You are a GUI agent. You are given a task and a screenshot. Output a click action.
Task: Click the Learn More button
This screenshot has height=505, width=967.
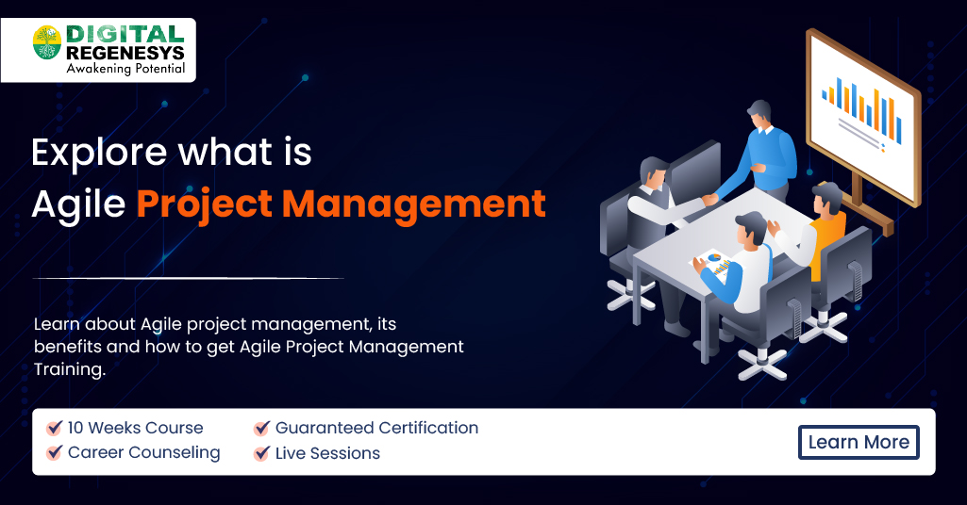[859, 442]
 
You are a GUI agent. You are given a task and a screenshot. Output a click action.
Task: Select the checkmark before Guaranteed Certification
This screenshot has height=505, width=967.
[262, 428]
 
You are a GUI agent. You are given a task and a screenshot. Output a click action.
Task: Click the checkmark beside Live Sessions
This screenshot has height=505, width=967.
[262, 453]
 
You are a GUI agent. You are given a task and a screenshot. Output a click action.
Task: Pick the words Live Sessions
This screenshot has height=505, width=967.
[327, 453]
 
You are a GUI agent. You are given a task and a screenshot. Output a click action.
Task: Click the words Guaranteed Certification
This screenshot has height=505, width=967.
[376, 428]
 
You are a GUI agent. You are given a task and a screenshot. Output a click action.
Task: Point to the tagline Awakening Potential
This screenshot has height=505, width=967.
[125, 69]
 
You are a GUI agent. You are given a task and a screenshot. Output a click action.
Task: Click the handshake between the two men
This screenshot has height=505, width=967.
[707, 200]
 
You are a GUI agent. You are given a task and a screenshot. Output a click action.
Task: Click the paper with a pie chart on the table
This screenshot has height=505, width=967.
[714, 260]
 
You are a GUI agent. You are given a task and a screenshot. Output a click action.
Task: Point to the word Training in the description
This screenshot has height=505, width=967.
[69, 370]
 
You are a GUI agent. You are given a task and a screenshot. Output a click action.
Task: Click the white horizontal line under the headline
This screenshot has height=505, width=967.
[188, 278]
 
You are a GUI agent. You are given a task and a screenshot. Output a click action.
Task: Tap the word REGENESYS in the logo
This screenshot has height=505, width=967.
[125, 53]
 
